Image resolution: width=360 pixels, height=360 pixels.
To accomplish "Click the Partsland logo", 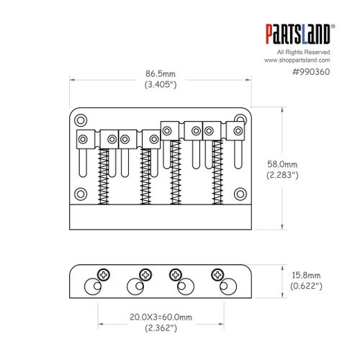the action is pyautogui.click(x=300, y=34).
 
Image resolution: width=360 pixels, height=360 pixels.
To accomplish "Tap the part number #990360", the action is pyautogui.click(x=311, y=72).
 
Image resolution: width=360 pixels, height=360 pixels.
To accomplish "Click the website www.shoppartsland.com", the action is pyautogui.click(x=297, y=60).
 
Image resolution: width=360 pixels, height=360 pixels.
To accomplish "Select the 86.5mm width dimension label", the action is pyautogui.click(x=161, y=73).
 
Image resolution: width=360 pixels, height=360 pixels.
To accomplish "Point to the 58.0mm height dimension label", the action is pyautogui.click(x=282, y=164).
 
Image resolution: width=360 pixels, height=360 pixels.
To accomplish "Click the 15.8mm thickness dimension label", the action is pyautogui.click(x=306, y=275).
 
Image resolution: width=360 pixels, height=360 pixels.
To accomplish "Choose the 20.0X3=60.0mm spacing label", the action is pyautogui.click(x=161, y=317).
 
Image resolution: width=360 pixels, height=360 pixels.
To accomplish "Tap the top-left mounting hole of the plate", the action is pyautogui.click(x=81, y=120).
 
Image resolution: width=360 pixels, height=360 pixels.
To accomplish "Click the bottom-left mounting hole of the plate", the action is pyautogui.click(x=81, y=194).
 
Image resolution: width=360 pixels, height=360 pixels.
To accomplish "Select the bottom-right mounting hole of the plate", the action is pyautogui.click(x=240, y=194).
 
